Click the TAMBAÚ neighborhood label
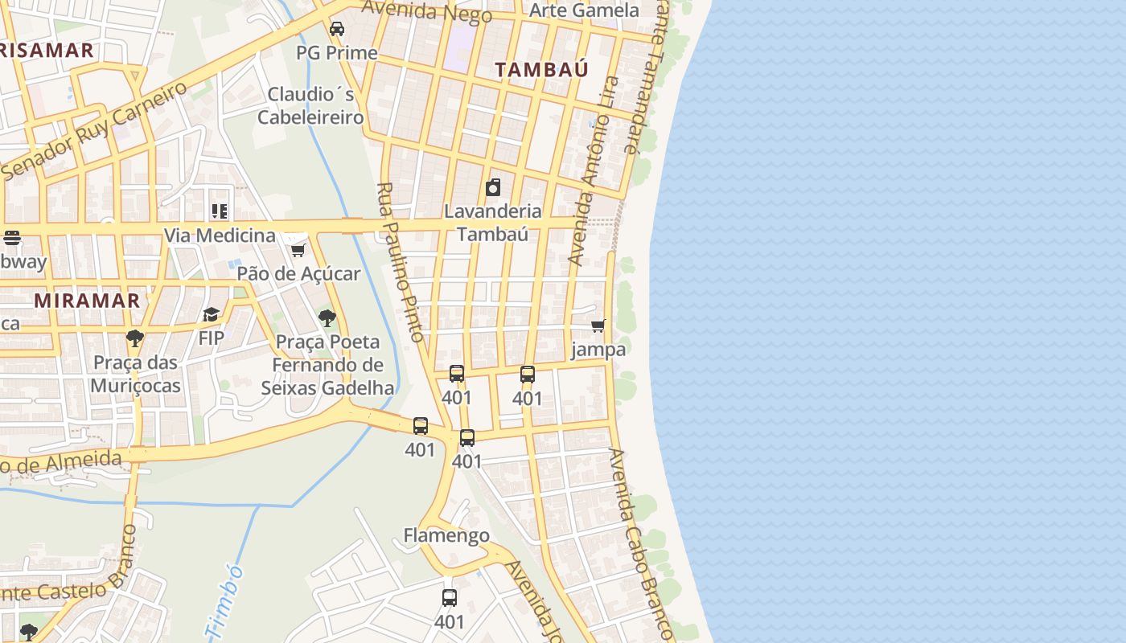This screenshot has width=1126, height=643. pos(541,69)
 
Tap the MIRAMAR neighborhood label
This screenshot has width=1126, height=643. pos(87,301)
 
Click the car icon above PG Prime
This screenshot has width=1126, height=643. pos(337,29)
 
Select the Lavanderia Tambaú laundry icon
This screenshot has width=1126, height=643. pos(493,188)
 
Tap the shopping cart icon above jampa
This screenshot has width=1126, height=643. pos(598,326)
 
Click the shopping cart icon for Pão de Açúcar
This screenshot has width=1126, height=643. pos(298,250)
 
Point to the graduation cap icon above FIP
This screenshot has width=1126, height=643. pos(211,314)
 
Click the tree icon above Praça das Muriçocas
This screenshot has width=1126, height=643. pos(135,338)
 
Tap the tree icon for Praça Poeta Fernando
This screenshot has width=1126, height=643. pos(327,318)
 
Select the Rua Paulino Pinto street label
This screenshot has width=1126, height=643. pos(400,262)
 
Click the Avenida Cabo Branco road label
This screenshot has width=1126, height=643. pos(640,543)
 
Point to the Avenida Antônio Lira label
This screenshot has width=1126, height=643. pos(594,170)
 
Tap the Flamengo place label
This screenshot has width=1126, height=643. pos(446,535)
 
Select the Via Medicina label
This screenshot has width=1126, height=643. pos(220,235)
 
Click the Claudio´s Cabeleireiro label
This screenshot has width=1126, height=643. pos(310,105)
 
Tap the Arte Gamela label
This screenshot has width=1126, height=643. pos(584,10)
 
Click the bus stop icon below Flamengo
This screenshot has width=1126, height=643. pos(450,598)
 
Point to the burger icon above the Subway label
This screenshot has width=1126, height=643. pos(11,238)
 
